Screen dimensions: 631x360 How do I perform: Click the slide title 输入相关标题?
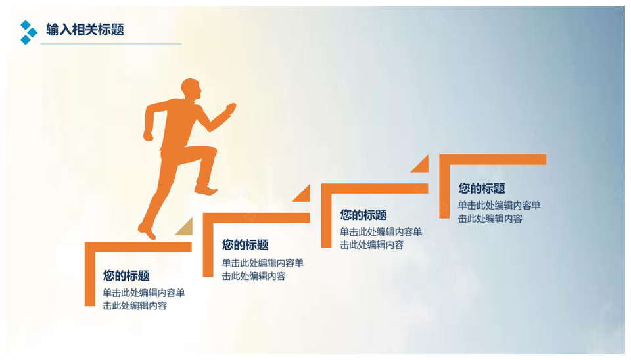tap(85, 30)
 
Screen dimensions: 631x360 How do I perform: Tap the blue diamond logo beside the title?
tap(28, 32)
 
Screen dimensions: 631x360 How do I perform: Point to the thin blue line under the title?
tap(111, 44)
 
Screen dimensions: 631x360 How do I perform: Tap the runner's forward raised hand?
tap(231, 108)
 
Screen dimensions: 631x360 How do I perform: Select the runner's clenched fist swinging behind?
tap(149, 135)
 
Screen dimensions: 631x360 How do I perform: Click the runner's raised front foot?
tap(206, 189)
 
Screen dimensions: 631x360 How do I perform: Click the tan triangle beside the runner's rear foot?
tap(186, 229)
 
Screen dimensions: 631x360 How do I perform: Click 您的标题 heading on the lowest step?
tap(126, 275)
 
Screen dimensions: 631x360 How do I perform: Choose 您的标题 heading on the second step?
tap(245, 244)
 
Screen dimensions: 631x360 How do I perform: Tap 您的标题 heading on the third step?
tap(363, 215)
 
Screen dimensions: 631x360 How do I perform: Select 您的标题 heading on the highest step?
tap(482, 189)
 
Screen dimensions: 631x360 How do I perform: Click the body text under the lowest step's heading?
tap(144, 300)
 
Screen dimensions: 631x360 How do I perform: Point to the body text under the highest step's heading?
tap(499, 212)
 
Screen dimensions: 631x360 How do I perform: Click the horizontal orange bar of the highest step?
tap(492, 159)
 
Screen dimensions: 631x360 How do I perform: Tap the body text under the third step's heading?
tap(381, 238)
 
